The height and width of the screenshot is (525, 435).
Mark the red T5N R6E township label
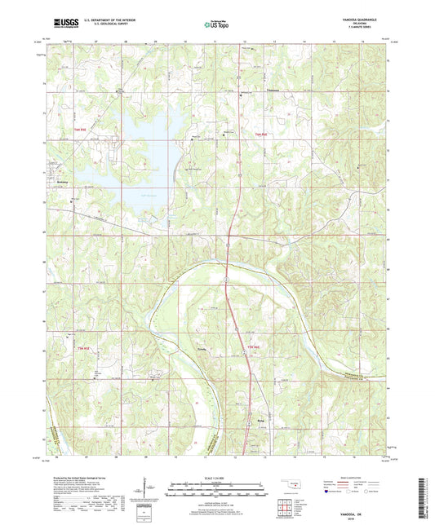tap(252, 351)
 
